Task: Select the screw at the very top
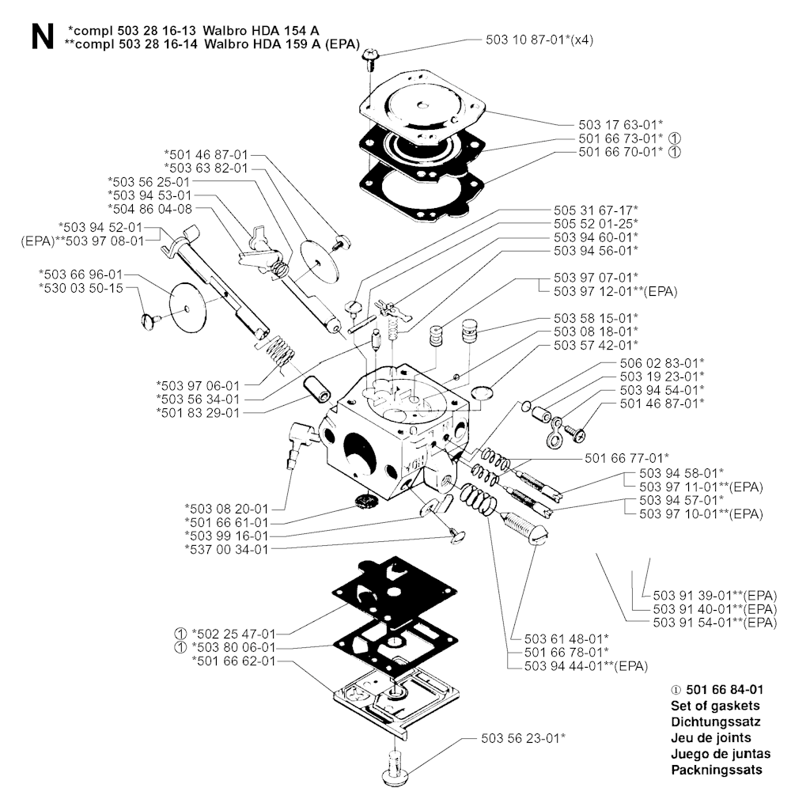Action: pyautogui.click(x=369, y=57)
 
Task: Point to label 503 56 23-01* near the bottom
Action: pyautogui.click(x=523, y=737)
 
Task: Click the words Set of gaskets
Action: pyautogui.click(x=715, y=705)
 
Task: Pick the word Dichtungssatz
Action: pyautogui.click(x=716, y=722)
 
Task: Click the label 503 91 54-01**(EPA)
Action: pyautogui.click(x=715, y=623)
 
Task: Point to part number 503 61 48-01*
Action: pyautogui.click(x=566, y=638)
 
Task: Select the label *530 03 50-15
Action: pyautogui.click(x=80, y=288)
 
